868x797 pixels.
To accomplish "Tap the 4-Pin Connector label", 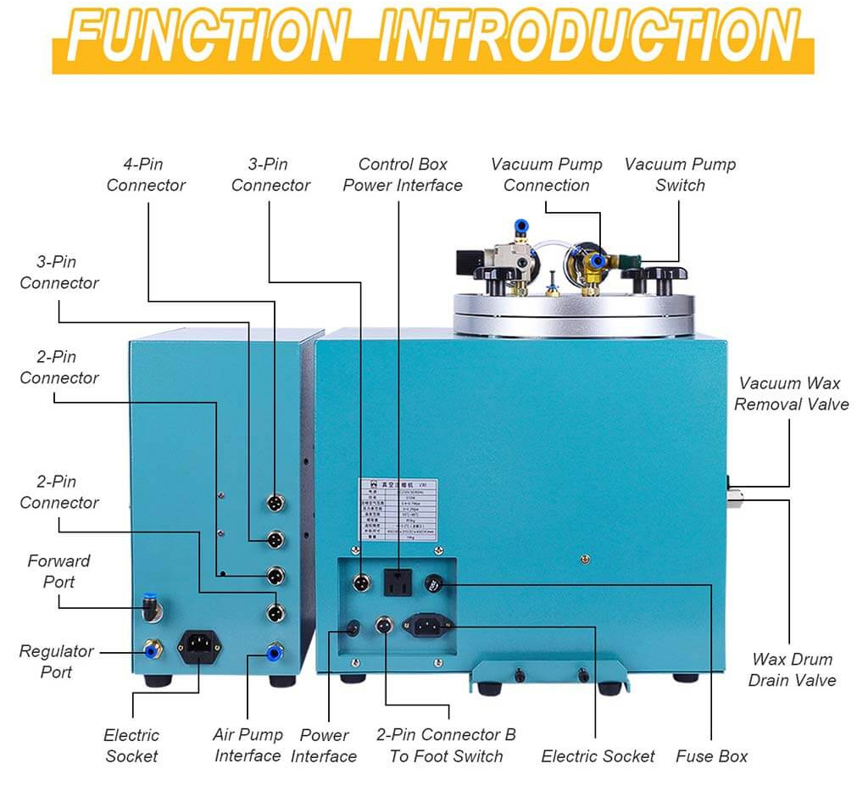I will tap(146, 175).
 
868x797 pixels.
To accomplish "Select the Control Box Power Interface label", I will tap(403, 175).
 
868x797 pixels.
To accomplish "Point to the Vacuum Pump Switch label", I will tap(680, 175).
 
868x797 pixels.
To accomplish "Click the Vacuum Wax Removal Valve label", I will tap(791, 393).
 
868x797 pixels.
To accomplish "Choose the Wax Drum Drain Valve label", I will tap(792, 669).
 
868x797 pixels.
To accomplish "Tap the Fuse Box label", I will tap(711, 755).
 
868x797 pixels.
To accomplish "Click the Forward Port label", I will tap(58, 571).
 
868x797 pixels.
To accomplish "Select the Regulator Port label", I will tap(57, 661).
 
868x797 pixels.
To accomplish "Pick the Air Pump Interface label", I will tap(248, 744).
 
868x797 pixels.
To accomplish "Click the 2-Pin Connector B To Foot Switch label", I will tap(446, 744).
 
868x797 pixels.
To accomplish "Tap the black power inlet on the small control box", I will tap(199, 649).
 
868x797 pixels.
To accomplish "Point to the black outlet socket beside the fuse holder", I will tap(395, 582).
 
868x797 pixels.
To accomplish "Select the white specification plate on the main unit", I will tap(403, 516).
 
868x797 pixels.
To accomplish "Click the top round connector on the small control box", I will tap(275, 504).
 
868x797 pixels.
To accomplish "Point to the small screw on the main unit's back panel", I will tap(583, 558).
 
